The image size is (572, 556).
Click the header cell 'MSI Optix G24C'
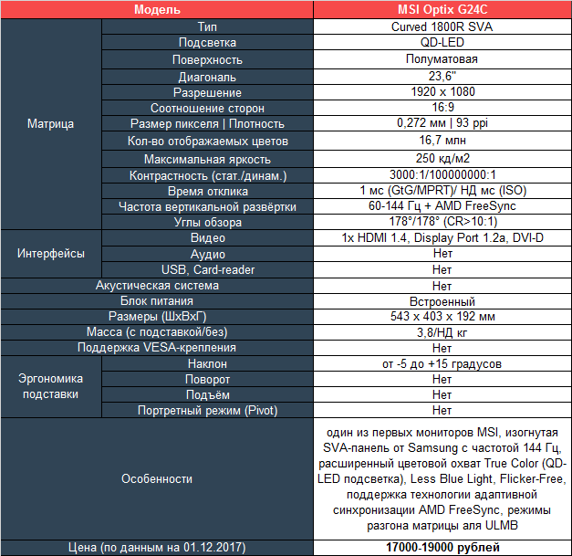(x=442, y=9)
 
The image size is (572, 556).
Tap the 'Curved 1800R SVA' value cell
(x=442, y=26)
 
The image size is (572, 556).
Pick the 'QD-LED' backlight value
(x=442, y=42)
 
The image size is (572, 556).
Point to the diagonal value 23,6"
(x=442, y=76)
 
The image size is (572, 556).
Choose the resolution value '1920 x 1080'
(x=442, y=92)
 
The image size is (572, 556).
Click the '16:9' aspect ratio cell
(x=442, y=108)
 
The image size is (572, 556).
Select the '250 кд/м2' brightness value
(x=442, y=158)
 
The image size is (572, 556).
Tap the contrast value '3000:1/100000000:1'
(x=442, y=174)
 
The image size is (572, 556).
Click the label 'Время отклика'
(x=208, y=191)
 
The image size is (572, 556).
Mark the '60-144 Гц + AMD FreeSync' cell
(x=442, y=206)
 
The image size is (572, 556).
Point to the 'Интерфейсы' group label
(x=52, y=253)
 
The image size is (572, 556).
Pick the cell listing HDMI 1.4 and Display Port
(x=442, y=238)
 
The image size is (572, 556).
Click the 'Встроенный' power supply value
(x=442, y=301)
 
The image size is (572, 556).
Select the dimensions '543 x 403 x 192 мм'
(x=442, y=317)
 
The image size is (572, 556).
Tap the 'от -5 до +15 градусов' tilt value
(x=442, y=363)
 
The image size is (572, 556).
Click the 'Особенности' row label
(x=157, y=478)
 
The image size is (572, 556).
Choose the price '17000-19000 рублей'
(x=442, y=547)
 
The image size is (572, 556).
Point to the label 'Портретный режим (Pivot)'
(x=208, y=410)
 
